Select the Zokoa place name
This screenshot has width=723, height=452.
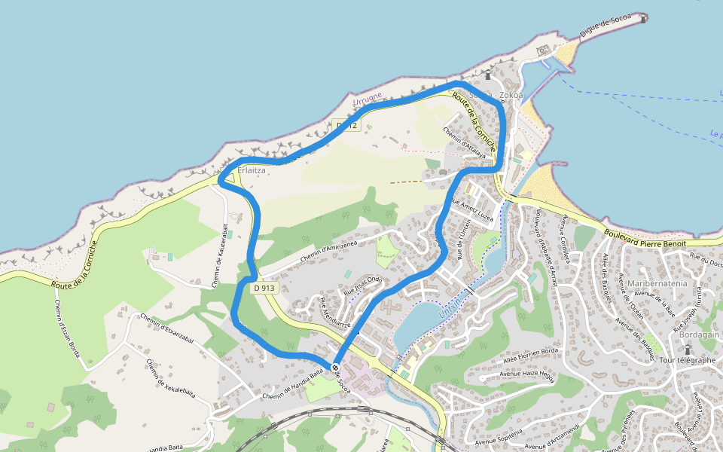point(511,96)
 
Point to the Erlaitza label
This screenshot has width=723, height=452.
point(251,171)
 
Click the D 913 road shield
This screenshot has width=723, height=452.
point(265,288)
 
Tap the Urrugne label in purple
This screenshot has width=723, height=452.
point(368,97)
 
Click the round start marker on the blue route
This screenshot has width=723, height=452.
point(335,368)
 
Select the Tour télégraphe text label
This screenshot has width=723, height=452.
point(687,359)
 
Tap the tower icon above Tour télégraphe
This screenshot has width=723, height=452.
point(687,349)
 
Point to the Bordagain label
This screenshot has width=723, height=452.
point(700,334)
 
